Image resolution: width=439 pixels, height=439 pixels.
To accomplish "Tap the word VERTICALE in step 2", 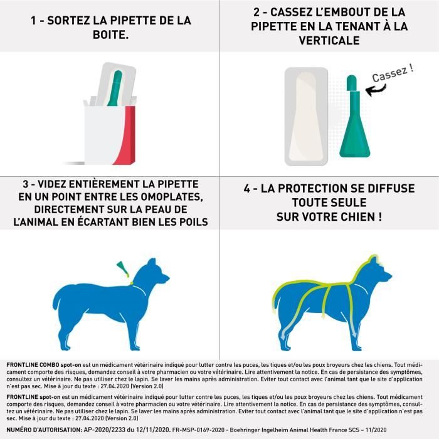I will coord(329,40).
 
